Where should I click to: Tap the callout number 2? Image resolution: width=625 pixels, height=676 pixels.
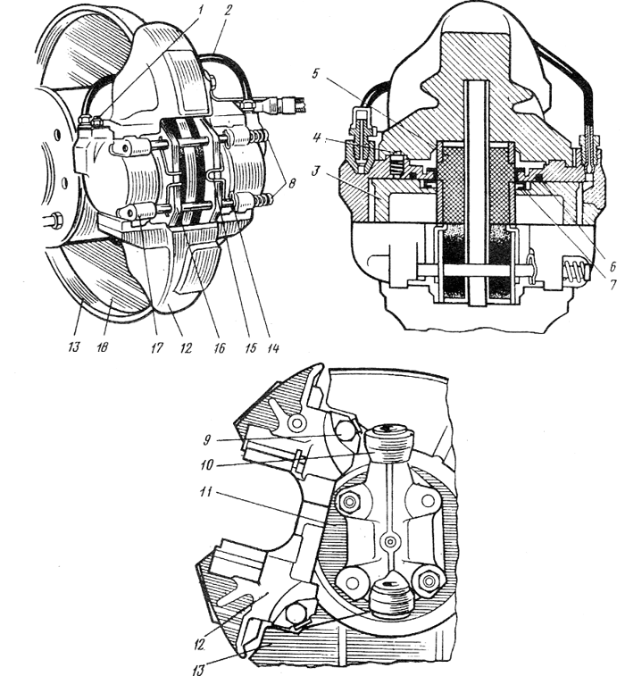[228, 11]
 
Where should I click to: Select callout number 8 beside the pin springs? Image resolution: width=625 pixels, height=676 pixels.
[292, 183]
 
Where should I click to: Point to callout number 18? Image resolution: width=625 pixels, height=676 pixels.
[102, 347]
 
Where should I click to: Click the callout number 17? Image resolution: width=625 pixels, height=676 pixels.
[157, 347]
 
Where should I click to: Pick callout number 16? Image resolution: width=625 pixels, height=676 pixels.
[220, 347]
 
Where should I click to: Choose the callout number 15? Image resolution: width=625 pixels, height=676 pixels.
[250, 347]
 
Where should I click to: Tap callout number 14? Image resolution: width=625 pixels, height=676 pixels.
[273, 347]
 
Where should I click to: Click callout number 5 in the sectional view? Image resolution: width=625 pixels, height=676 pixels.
[315, 73]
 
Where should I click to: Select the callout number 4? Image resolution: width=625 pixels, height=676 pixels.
[317, 138]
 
